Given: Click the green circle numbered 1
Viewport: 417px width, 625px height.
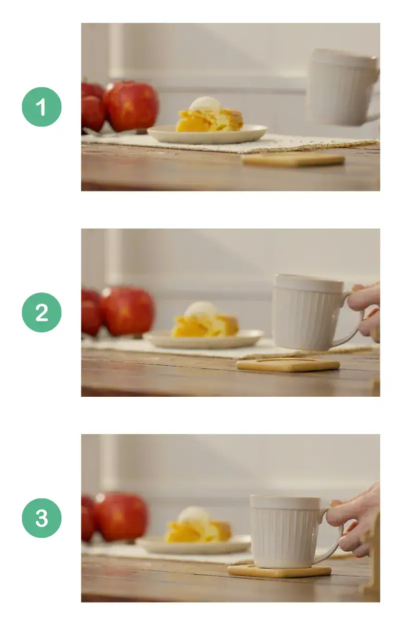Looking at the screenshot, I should (x=41, y=107).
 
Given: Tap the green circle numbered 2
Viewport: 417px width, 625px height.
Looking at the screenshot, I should (x=41, y=312).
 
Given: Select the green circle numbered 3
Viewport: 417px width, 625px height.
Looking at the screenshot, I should (x=41, y=518).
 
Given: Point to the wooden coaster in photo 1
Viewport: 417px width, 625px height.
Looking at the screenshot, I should (x=293, y=159).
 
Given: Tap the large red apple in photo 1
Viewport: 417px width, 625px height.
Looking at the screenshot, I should (x=131, y=106).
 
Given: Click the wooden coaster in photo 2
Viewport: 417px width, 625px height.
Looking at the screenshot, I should (x=288, y=365).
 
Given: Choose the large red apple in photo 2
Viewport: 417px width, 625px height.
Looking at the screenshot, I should (x=127, y=311).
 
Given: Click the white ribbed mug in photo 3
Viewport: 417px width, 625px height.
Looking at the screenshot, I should (x=285, y=531).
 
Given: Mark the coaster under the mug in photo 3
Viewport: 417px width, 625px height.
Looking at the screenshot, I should (x=279, y=571).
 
